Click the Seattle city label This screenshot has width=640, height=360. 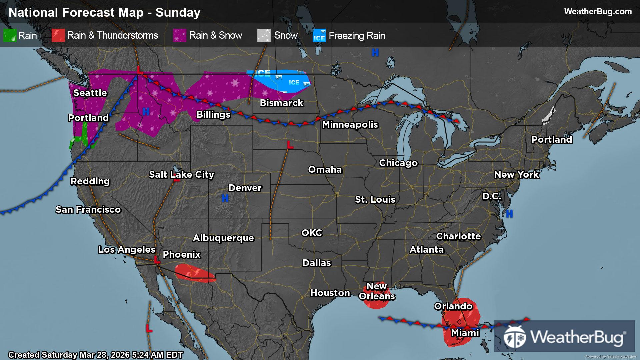90,93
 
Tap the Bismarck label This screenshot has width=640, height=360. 281,103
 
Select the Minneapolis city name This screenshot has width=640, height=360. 350,125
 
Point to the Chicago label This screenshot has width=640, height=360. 398,163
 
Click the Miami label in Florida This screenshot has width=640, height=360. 465,333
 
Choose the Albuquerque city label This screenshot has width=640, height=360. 223,238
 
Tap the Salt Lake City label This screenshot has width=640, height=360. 181,175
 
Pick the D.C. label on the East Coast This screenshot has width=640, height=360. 492,196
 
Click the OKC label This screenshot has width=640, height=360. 312,233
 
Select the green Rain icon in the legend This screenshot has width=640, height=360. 10,36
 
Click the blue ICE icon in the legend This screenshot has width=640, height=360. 319,36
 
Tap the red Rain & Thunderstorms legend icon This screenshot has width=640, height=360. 58,36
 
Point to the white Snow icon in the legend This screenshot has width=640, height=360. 264,36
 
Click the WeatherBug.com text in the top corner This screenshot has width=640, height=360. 598,12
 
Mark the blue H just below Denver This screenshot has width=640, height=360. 225,199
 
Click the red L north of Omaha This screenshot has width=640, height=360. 290,145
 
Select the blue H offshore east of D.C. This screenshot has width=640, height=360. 509,214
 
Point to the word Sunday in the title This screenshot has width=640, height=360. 178,13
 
